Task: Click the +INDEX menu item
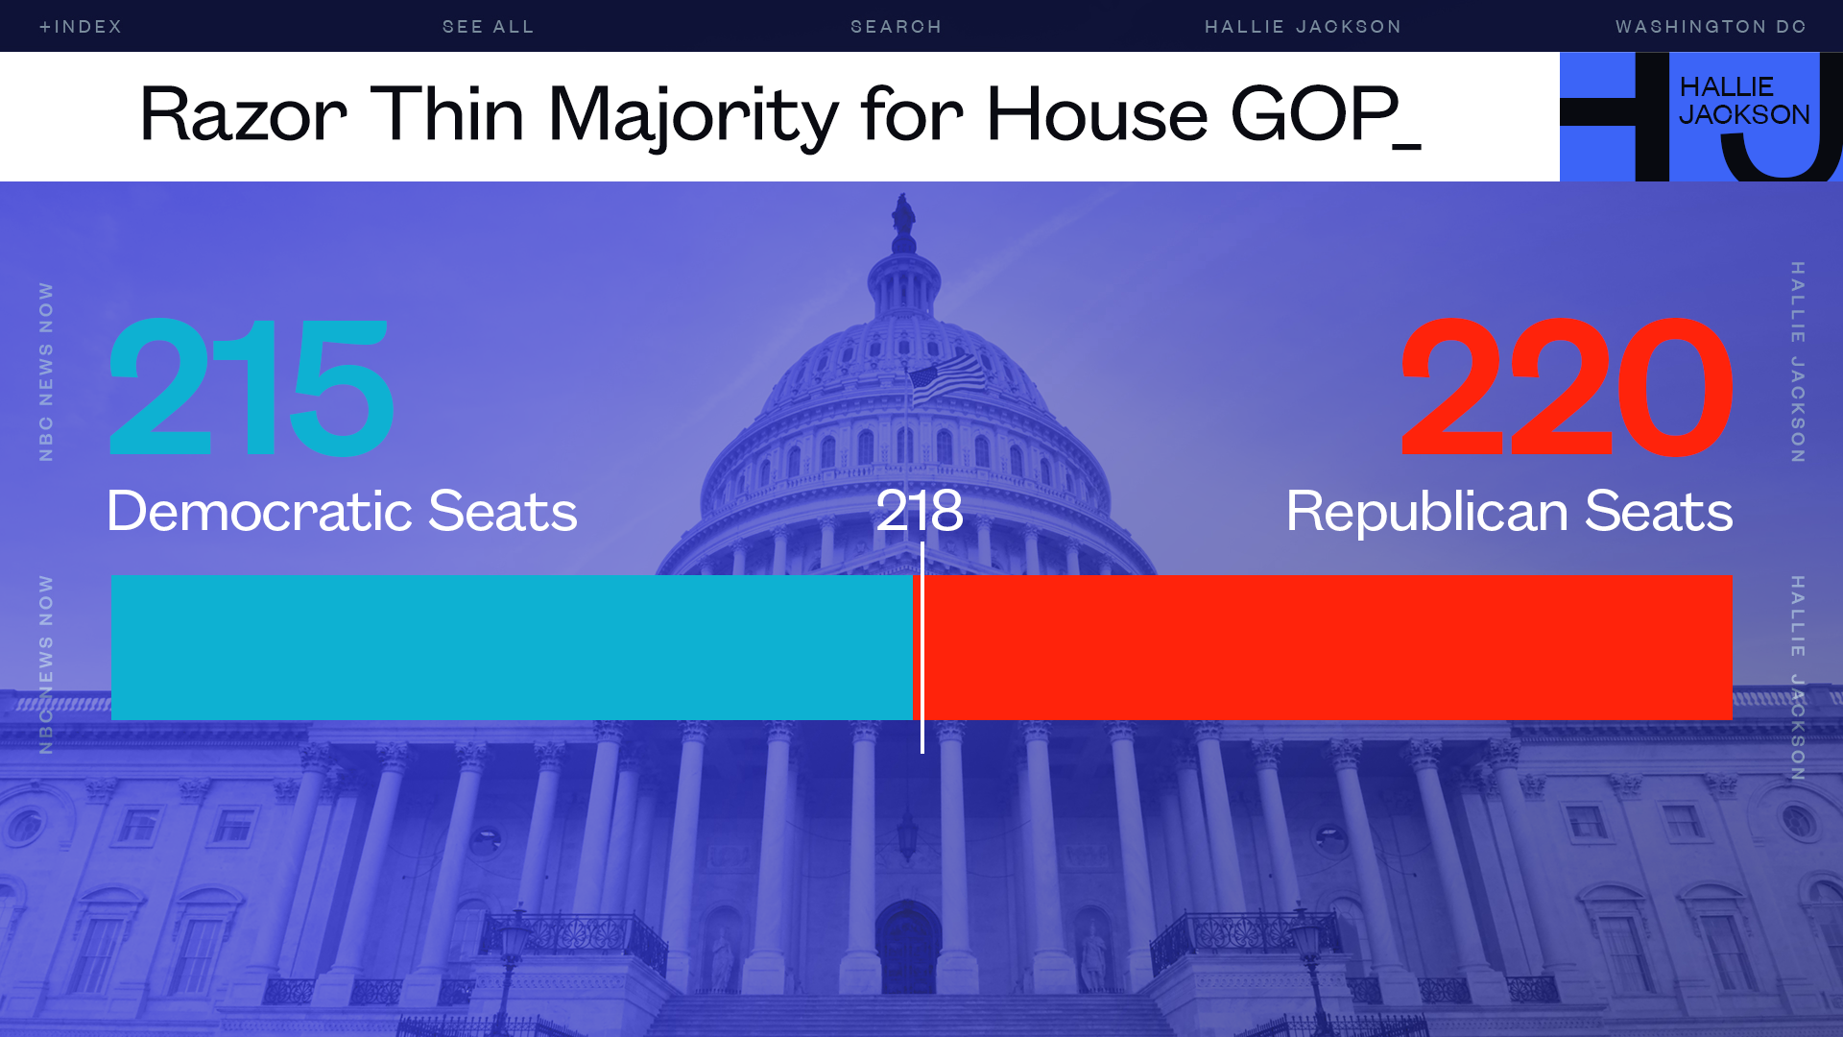click(x=81, y=27)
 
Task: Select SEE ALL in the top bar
click(x=489, y=27)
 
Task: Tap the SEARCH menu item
click(x=897, y=27)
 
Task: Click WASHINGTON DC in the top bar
click(x=1711, y=27)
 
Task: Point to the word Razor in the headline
click(x=243, y=114)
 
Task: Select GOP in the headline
click(x=1314, y=114)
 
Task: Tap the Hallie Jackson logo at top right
click(x=1701, y=116)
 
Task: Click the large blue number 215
click(x=251, y=388)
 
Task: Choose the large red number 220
click(x=1567, y=388)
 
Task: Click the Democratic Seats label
click(x=342, y=510)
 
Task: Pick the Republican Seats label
click(x=1509, y=510)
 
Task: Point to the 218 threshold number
click(x=920, y=510)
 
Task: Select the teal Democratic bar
click(x=512, y=647)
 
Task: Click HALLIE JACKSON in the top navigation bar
click(x=1304, y=27)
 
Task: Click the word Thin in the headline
click(x=447, y=114)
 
